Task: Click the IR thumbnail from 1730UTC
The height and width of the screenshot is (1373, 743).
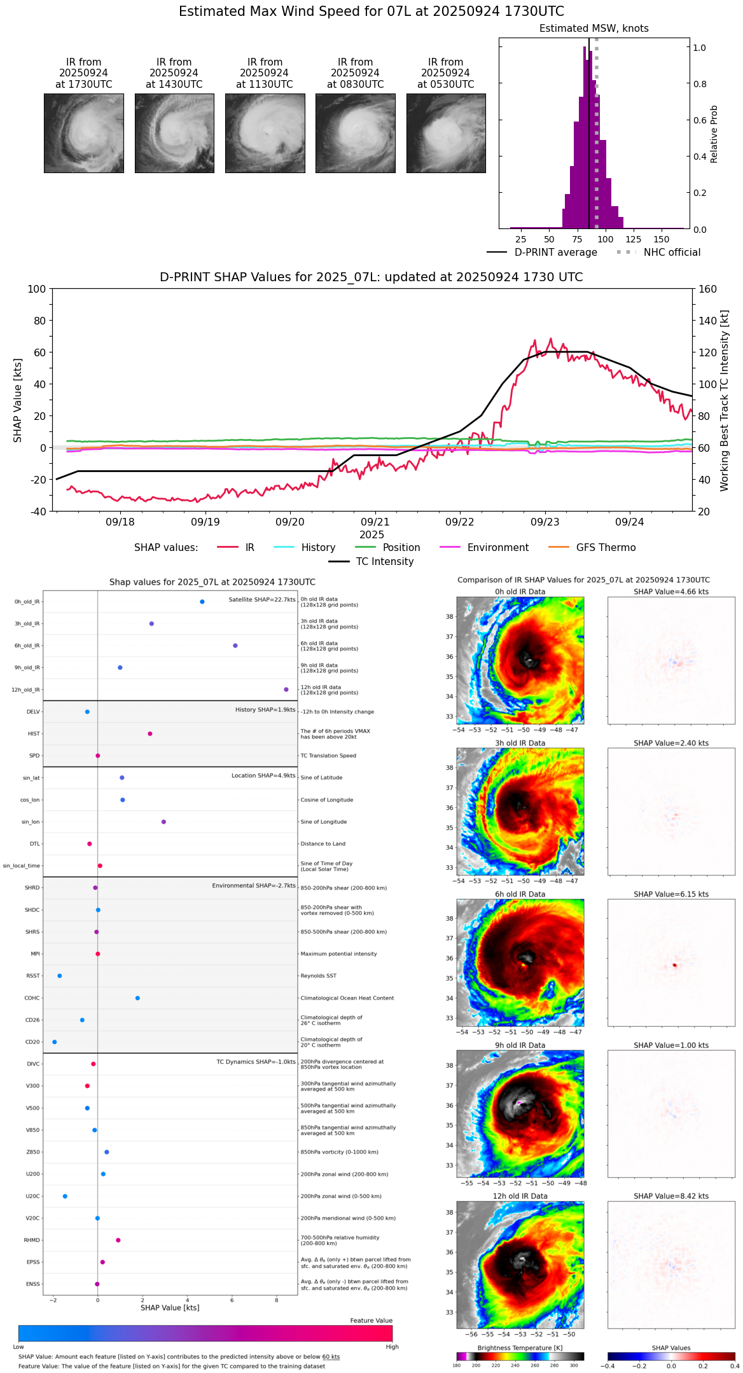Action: click(84, 133)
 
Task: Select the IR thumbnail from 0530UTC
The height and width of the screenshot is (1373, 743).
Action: click(446, 133)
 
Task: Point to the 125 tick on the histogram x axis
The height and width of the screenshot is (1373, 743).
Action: click(633, 239)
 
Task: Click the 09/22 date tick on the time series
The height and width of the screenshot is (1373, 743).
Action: click(460, 522)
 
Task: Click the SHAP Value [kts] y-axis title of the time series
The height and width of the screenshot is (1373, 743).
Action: click(18, 400)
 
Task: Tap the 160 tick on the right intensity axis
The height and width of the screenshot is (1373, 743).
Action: click(707, 289)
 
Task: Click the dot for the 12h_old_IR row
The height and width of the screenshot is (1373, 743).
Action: click(286, 690)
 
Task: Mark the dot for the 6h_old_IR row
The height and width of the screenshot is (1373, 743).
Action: click(235, 646)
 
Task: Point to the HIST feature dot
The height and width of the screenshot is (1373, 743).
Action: click(150, 734)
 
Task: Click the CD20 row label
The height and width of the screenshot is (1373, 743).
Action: click(32, 1042)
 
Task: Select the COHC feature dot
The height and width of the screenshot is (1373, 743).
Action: click(137, 998)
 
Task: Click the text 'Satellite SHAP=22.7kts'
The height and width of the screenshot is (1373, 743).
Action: click(262, 600)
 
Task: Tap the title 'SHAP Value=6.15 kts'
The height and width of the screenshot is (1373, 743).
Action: click(671, 895)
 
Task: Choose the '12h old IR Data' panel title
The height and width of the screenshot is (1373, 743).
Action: click(520, 1196)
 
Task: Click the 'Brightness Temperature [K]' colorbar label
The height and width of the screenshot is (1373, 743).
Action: click(520, 1348)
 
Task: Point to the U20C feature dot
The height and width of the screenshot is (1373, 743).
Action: click(65, 1196)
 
